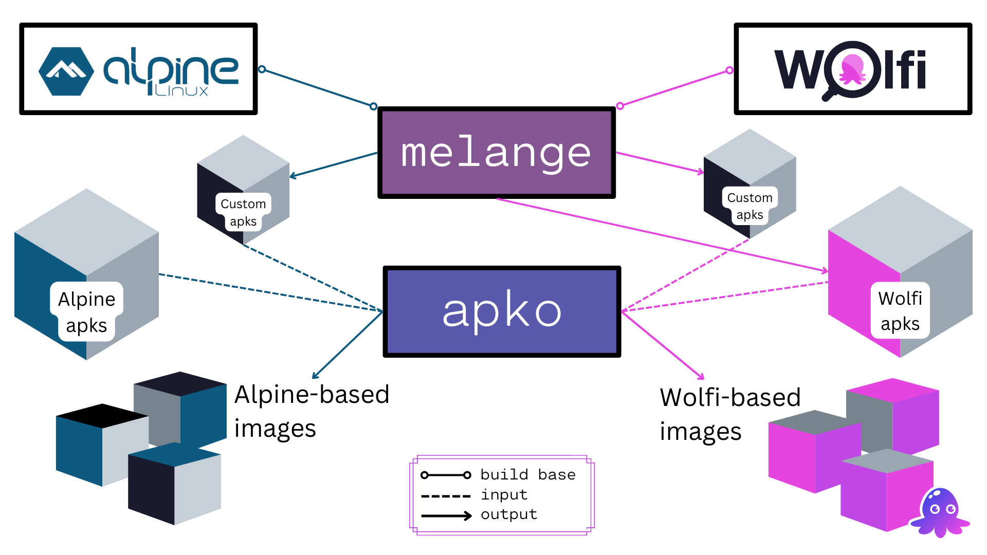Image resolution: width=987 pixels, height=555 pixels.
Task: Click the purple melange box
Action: tap(496, 153)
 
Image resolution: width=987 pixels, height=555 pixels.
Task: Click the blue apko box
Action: tap(502, 311)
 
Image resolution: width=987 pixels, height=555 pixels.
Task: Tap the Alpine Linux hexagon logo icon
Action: tap(66, 71)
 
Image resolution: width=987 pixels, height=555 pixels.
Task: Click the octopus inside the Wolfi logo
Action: tap(852, 69)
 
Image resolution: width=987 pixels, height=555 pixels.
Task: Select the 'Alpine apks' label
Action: tap(86, 312)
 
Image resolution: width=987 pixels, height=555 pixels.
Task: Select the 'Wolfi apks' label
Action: tap(900, 311)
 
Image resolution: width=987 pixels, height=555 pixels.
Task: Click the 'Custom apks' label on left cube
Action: tap(243, 212)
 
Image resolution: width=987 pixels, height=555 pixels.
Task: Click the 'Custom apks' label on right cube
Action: tap(750, 206)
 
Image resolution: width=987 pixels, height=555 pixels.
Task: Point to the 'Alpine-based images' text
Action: tap(311, 411)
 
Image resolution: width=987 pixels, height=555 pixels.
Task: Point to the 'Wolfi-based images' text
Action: tap(730, 414)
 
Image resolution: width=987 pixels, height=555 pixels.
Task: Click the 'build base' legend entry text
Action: tap(528, 474)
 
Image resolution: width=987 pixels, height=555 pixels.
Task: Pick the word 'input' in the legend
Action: tap(504, 494)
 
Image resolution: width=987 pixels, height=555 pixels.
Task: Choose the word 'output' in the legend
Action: tap(509, 514)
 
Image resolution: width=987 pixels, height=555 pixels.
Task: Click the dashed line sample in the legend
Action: tap(446, 496)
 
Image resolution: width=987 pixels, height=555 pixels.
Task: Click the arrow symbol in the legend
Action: tap(446, 516)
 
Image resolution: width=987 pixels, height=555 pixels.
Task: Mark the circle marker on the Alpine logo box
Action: tap(262, 69)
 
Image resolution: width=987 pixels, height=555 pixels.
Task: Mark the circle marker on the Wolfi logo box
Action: tap(729, 70)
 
